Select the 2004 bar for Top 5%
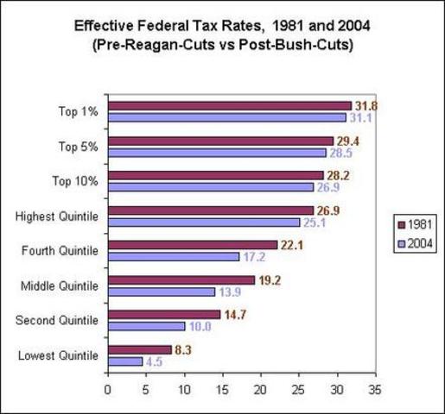point(217,153)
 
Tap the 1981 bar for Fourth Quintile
point(192,245)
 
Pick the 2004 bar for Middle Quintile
point(161,292)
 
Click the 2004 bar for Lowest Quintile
point(124,362)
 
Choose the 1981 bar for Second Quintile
point(163,315)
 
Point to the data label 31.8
point(367,106)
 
